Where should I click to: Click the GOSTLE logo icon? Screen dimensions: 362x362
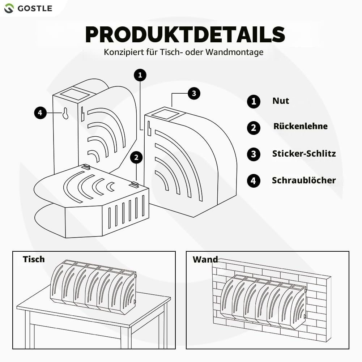tap(9, 8)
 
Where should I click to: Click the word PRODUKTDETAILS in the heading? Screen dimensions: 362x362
tap(185, 34)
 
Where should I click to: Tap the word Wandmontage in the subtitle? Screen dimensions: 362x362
tap(234, 52)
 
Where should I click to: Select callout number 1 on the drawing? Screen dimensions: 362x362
tap(140, 75)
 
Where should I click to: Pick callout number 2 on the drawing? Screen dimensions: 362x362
tap(136, 157)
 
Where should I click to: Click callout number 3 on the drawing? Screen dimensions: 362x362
tap(194, 93)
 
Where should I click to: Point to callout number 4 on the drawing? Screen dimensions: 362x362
tap(41, 113)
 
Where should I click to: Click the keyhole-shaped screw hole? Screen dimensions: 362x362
tap(65, 113)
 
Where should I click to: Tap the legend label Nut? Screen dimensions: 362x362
tap(281, 101)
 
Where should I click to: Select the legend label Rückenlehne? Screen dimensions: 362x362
tap(301, 126)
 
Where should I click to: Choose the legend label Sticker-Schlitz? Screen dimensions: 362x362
tap(304, 154)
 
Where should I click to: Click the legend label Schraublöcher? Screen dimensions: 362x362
tap(304, 180)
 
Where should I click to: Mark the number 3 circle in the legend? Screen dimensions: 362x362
tap(254, 154)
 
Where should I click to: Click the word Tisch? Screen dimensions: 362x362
tap(34, 259)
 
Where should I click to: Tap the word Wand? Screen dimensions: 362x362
tap(205, 260)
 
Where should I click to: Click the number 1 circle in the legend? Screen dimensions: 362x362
tap(254, 101)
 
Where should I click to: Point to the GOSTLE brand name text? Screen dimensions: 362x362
tap(35, 9)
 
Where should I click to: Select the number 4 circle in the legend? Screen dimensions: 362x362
tap(254, 181)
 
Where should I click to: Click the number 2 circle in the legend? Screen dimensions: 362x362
tap(254, 128)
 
